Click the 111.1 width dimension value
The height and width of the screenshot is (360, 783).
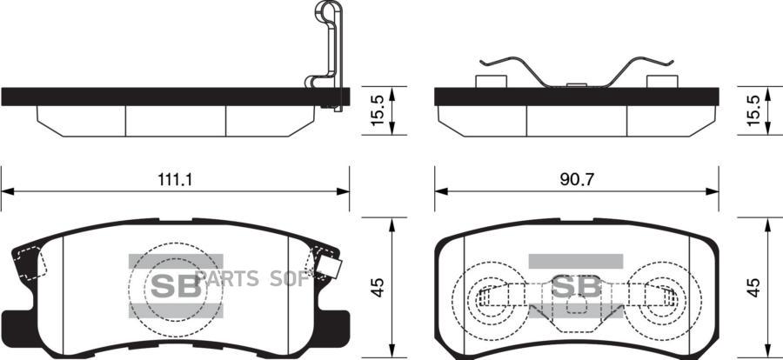click(175, 180)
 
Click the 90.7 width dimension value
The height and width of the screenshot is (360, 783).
click(577, 180)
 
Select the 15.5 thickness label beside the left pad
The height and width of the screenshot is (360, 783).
click(378, 110)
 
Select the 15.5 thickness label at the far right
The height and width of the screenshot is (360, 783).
click(753, 110)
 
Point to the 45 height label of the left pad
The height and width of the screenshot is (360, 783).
click(378, 288)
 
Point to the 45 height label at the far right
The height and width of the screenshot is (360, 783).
click(754, 288)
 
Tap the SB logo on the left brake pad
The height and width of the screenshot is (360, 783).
click(176, 286)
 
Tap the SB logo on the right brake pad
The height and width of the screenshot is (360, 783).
click(576, 286)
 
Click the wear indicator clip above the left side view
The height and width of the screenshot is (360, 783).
click(328, 55)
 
